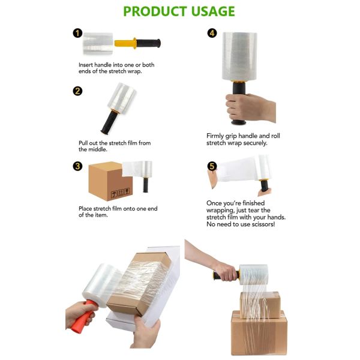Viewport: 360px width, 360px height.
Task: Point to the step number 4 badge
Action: [x=212, y=34]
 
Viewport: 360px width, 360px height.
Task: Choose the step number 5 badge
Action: [x=212, y=166]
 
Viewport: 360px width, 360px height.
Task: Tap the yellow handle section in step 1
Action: [x=128, y=44]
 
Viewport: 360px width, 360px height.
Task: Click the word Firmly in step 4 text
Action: [x=217, y=136]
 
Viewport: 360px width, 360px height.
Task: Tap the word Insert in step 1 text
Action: [x=88, y=65]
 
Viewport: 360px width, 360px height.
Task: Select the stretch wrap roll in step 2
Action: [x=122, y=97]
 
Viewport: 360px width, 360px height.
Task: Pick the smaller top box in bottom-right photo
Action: [x=259, y=304]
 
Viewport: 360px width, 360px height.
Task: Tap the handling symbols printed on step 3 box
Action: [x=116, y=193]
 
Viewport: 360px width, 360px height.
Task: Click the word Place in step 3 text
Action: [x=86, y=208]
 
